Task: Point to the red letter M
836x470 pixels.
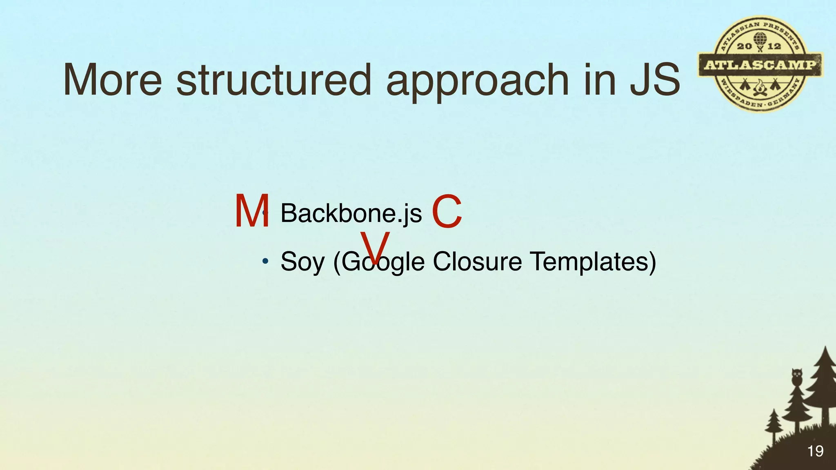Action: pyautogui.click(x=252, y=212)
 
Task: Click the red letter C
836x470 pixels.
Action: pyautogui.click(x=447, y=212)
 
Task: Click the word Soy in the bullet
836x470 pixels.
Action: pyautogui.click(x=302, y=262)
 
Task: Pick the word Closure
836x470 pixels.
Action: pyautogui.click(x=477, y=261)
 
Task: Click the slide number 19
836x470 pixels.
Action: pyautogui.click(x=815, y=451)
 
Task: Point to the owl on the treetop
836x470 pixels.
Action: pyautogui.click(x=797, y=376)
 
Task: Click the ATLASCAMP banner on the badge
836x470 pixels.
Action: pyautogui.click(x=760, y=64)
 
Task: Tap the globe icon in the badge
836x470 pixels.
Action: pyautogui.click(x=759, y=40)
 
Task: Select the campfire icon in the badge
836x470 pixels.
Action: pyautogui.click(x=760, y=87)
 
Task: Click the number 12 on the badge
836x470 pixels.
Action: pyautogui.click(x=774, y=47)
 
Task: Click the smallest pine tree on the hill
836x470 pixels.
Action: pyautogui.click(x=773, y=424)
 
